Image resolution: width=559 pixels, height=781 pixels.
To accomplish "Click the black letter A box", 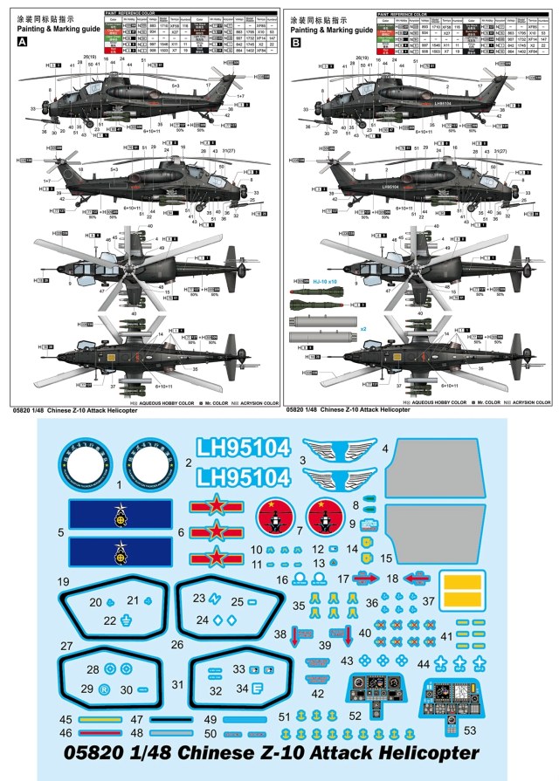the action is click(x=21, y=41).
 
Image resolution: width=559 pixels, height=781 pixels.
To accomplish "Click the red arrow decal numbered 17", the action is click(x=367, y=578).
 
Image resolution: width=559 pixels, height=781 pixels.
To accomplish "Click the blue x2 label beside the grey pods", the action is click(x=363, y=329).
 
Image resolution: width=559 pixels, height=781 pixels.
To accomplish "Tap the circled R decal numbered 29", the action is click(x=105, y=689).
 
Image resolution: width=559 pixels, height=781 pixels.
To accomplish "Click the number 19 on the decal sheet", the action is click(x=63, y=581).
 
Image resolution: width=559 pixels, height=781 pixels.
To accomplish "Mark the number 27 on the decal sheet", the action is click(x=66, y=646).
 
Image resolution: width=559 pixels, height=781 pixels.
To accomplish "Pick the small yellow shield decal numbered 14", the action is click(x=353, y=549).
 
